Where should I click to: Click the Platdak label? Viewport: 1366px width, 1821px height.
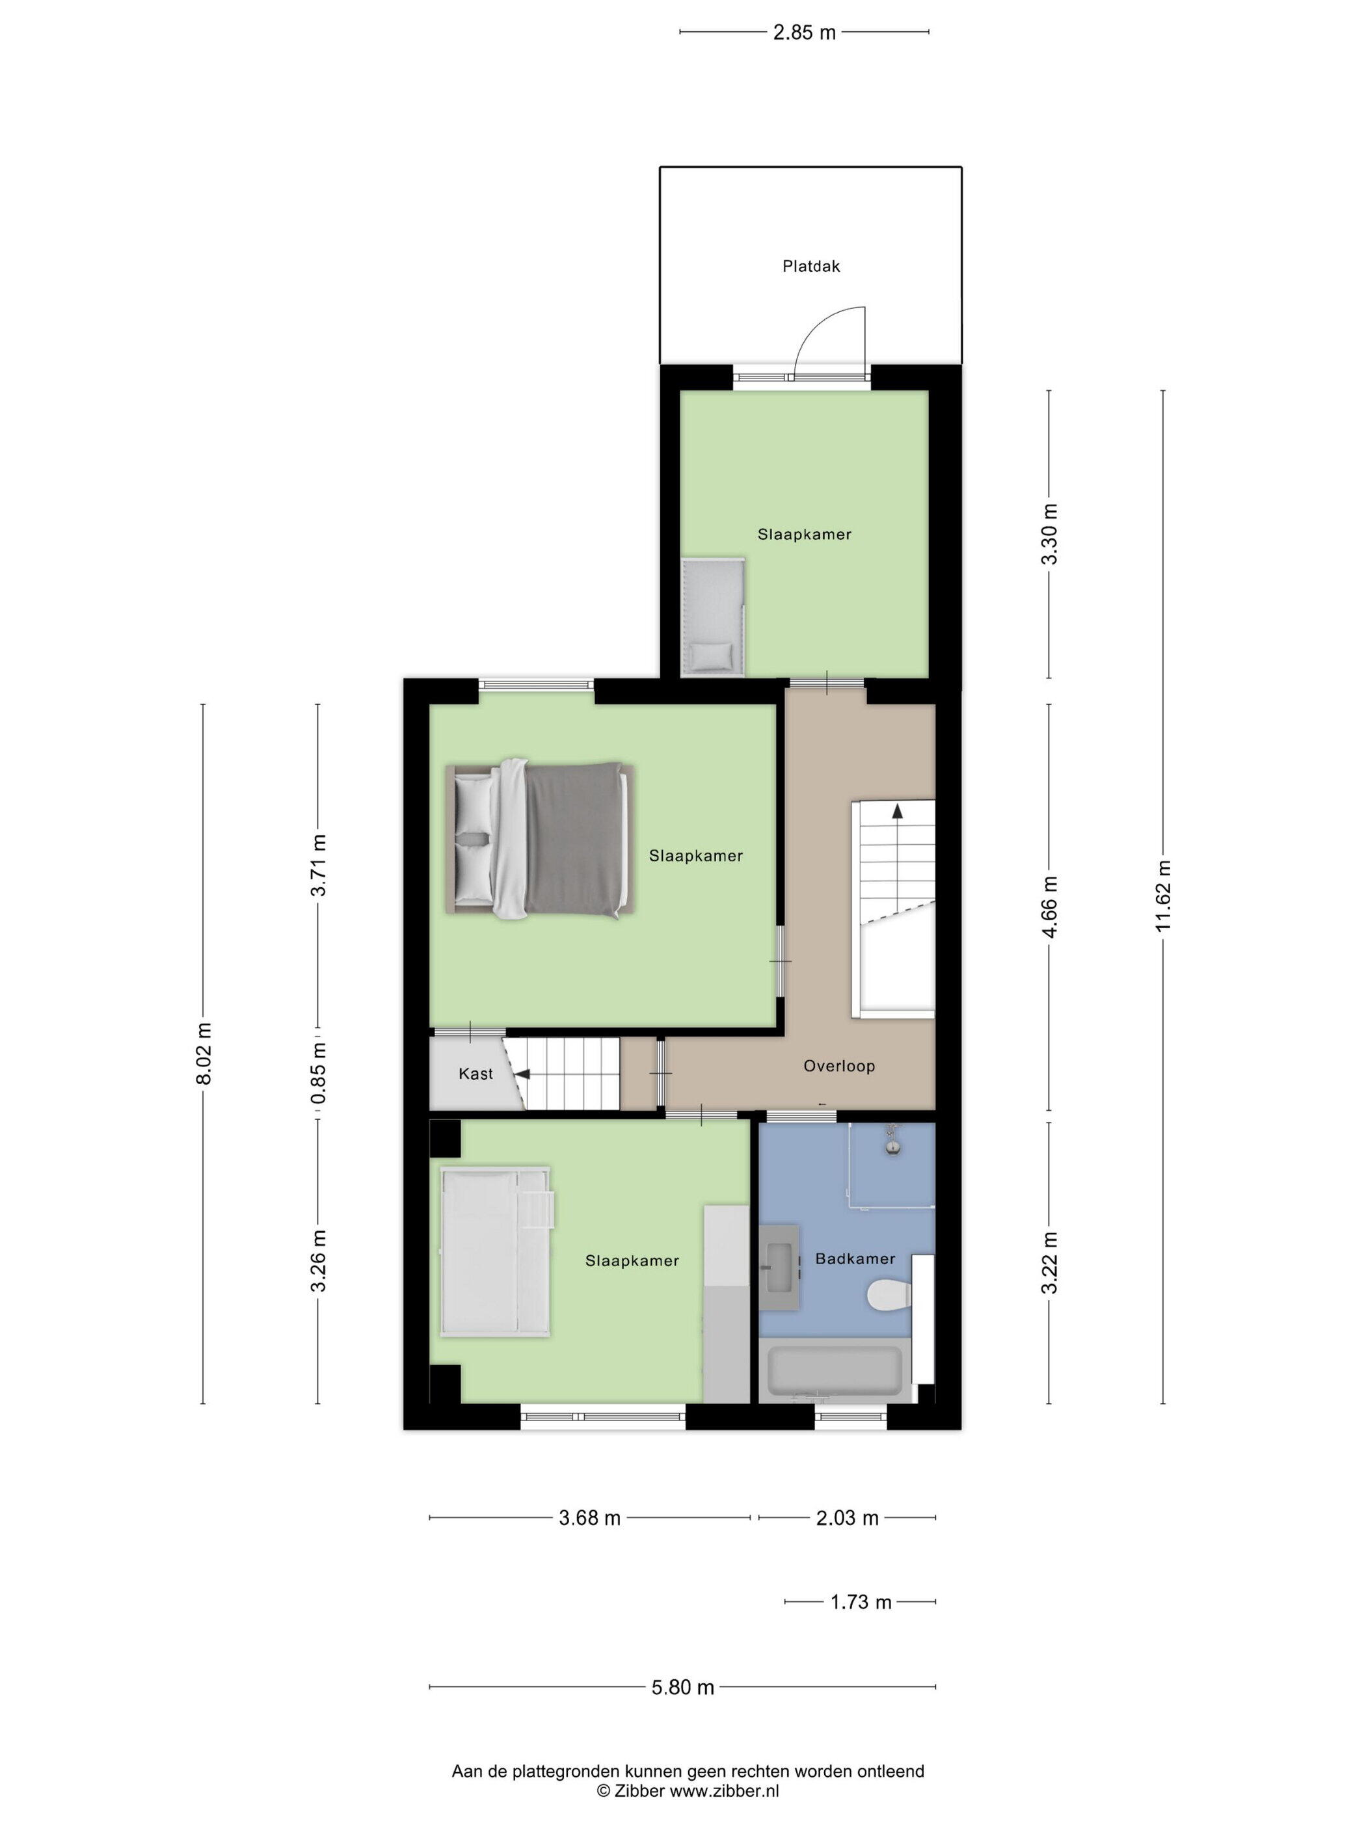point(811,266)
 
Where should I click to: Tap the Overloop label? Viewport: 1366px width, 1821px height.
point(839,1065)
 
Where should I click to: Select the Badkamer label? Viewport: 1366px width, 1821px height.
point(855,1258)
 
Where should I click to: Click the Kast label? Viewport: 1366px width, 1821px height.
point(476,1074)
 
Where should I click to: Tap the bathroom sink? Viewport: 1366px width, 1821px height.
point(778,1279)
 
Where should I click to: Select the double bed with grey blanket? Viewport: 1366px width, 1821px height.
point(540,839)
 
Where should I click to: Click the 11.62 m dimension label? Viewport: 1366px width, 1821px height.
point(1162,896)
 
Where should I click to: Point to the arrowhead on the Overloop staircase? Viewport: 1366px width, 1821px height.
point(896,811)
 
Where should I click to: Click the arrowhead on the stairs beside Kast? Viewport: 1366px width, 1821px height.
point(521,1074)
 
